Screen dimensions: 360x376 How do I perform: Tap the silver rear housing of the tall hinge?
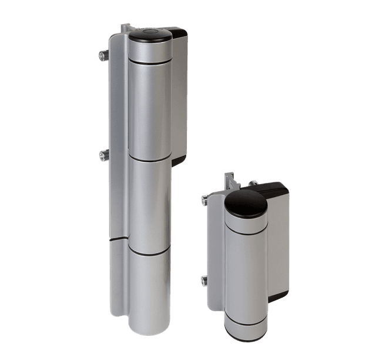179,94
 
